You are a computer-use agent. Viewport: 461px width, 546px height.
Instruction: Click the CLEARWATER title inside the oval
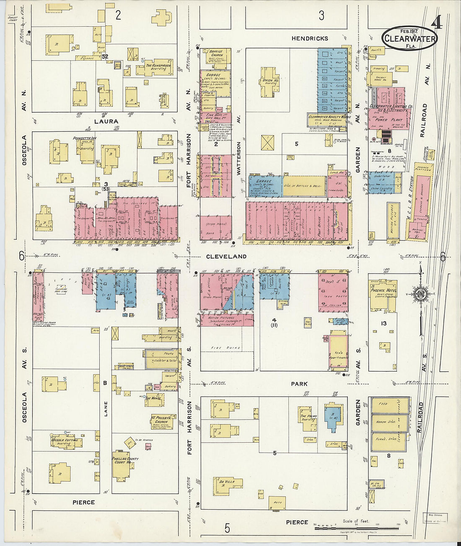(409, 39)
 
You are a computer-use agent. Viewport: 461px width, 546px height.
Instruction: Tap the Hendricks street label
(310, 38)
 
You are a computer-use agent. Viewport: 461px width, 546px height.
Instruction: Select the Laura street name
(106, 121)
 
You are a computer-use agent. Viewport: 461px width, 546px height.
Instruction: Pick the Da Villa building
(228, 484)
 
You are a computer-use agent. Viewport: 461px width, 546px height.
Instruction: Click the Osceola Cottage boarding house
(65, 442)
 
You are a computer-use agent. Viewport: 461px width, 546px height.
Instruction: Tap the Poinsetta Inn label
(85, 138)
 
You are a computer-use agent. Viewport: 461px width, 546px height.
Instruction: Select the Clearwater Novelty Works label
(329, 118)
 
